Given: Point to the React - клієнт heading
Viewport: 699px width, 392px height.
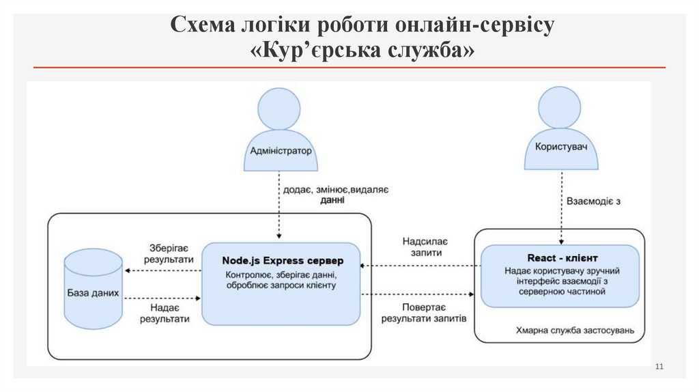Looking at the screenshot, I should coord(562,258).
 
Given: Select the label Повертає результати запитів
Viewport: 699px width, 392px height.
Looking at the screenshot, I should coord(424,312).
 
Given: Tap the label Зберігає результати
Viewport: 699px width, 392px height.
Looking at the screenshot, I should coord(166,253).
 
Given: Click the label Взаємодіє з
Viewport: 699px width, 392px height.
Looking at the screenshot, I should coord(593,201).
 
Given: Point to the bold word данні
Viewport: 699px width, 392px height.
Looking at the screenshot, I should coord(332,201).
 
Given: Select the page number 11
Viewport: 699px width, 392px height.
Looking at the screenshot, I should coord(659,368).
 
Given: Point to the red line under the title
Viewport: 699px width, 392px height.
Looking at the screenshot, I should coord(349,68).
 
